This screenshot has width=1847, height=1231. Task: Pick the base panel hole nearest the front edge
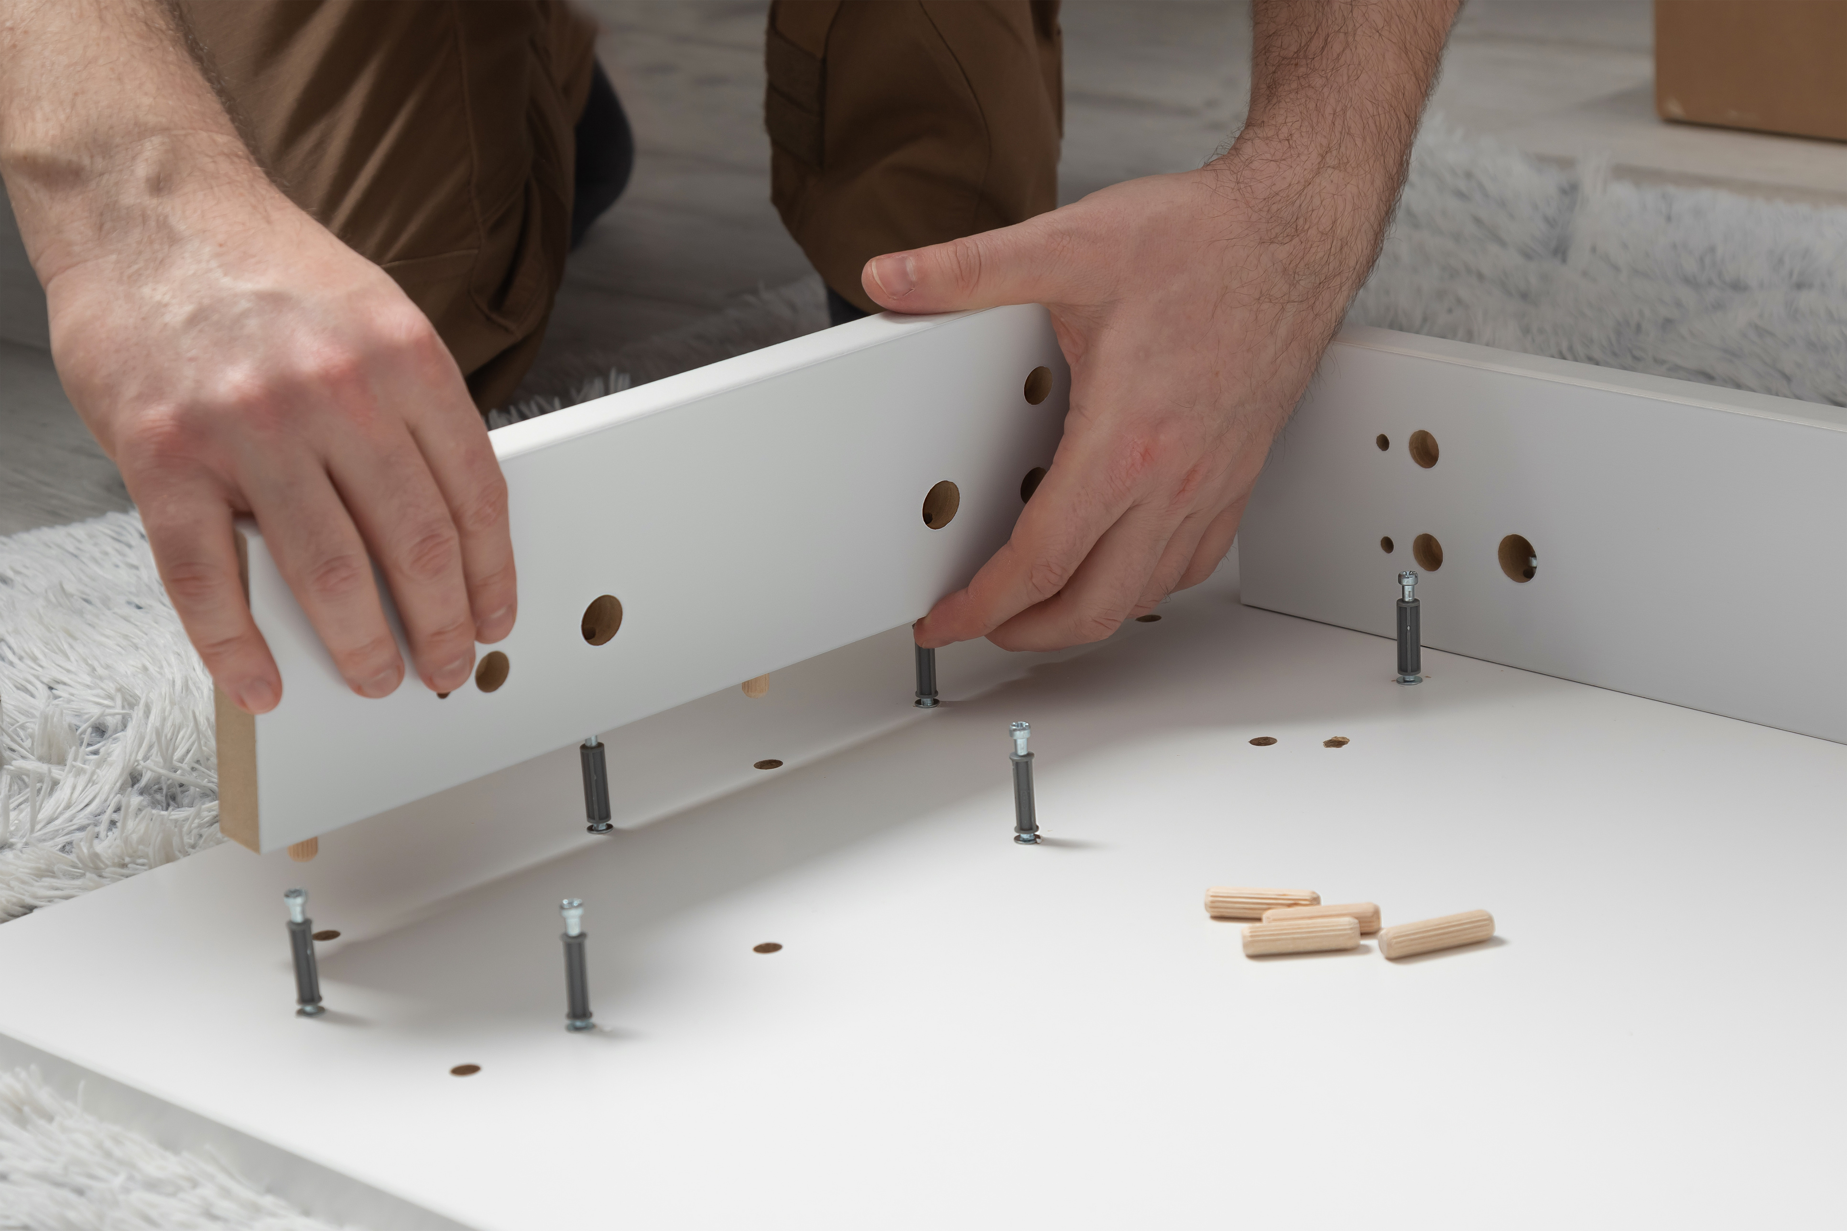pos(465,1069)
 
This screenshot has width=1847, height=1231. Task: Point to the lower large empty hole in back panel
pos(1428,552)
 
